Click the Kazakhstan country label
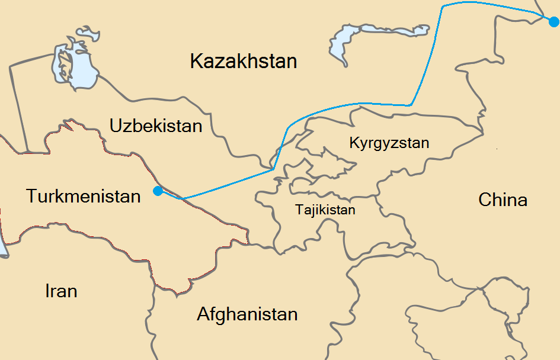pyautogui.click(x=243, y=61)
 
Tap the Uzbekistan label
pyautogui.click(x=156, y=126)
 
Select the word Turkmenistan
pyautogui.click(x=84, y=196)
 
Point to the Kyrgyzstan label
pyautogui.click(x=389, y=143)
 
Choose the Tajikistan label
pyautogui.click(x=325, y=210)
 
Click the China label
pyautogui.click(x=503, y=200)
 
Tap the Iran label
pyautogui.click(x=61, y=291)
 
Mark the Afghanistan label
pyautogui.click(x=247, y=314)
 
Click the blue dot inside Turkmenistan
pyautogui.click(x=158, y=191)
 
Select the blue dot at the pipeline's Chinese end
pyautogui.click(x=553, y=22)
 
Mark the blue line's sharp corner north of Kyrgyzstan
pyautogui.click(x=411, y=105)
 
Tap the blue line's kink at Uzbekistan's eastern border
pyautogui.click(x=273, y=169)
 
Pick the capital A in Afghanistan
pyautogui.click(x=203, y=314)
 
